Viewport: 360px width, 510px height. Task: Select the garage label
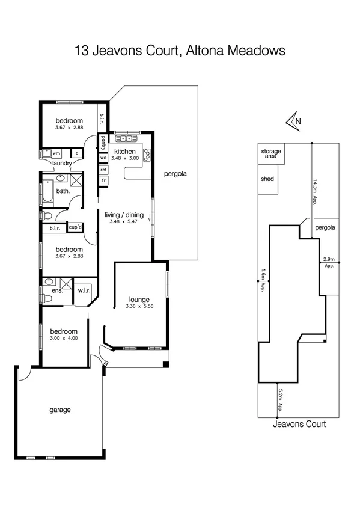coord(60,410)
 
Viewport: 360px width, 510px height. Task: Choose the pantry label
coord(104,144)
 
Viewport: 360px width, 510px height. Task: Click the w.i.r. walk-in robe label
coord(84,291)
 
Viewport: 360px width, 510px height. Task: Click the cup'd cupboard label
coord(75,227)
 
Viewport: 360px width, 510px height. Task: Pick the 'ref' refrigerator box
coord(103,170)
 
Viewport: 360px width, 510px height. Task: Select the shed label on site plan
coord(267,179)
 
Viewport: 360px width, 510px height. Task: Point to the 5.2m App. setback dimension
coord(281,399)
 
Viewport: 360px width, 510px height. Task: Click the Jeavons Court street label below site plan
coord(299,424)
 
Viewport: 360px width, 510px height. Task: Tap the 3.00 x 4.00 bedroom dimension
coord(64,338)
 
